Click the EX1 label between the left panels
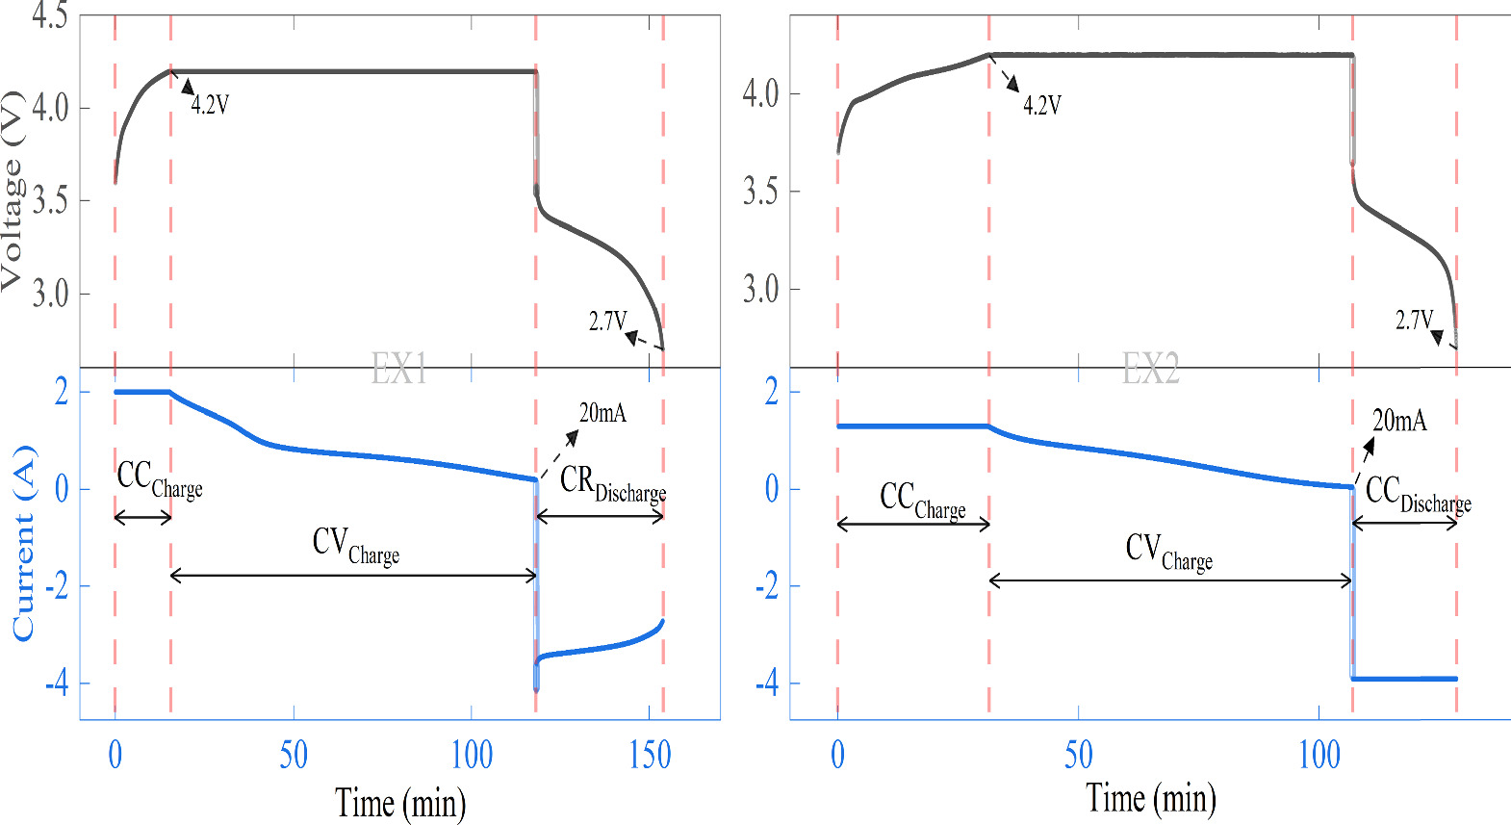pos(399,368)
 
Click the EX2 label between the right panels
pos(1150,368)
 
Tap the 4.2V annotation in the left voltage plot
pos(210,104)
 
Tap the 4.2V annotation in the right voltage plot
pos(1041,105)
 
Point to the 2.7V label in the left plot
pos(607,321)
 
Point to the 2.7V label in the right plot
pos(1414,320)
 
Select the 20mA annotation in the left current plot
pos(602,413)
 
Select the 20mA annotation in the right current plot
pos(1399,420)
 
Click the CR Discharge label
pos(612,483)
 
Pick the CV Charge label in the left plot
pos(355,546)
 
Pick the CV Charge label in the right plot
pos(1168,552)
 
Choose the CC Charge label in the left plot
pos(159,479)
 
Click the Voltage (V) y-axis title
pos(12,190)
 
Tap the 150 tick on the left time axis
pos(650,755)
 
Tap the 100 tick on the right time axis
pos(1319,755)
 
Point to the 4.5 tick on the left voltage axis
pos(49,15)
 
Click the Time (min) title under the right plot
pos(1150,798)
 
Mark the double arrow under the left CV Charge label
pos(353,576)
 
